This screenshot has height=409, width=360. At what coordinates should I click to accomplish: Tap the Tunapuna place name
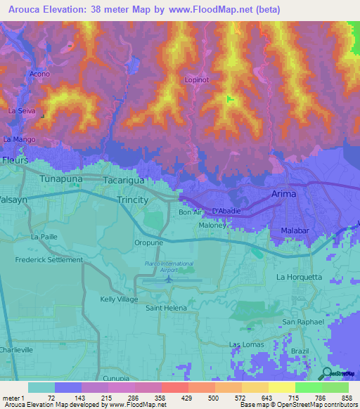click(60, 179)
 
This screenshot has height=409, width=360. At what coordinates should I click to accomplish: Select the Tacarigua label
click(124, 180)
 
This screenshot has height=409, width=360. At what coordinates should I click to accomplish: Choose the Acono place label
click(40, 74)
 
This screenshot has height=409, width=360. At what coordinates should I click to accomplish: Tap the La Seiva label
click(21, 111)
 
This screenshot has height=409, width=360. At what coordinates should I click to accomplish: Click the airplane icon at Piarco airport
click(169, 279)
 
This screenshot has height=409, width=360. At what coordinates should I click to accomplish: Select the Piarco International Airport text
click(168, 267)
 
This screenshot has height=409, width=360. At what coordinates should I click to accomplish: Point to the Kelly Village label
click(119, 299)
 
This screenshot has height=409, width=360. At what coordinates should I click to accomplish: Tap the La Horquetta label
click(299, 277)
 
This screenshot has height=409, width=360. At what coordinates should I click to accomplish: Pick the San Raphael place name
click(303, 321)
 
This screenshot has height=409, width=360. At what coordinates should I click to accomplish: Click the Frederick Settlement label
click(49, 259)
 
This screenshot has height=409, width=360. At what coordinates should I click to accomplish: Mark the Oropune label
click(149, 242)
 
